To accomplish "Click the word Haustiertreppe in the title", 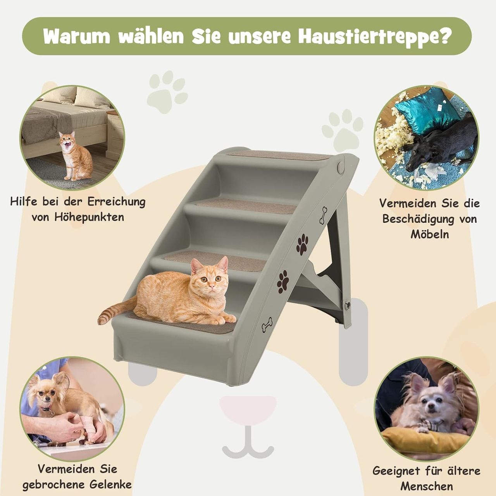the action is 375,36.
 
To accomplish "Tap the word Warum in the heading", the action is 76,36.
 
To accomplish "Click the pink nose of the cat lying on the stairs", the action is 211,286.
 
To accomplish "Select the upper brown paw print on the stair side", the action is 302,245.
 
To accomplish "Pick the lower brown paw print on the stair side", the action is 283,282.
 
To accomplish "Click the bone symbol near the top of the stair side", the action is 323,215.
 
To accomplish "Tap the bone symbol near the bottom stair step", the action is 267,325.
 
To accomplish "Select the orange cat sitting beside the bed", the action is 76,156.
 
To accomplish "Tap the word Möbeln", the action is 430,234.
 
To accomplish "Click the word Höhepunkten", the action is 89,217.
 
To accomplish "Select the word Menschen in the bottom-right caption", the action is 427,486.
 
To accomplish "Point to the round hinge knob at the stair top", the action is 340,168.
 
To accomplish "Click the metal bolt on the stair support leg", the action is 348,305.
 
